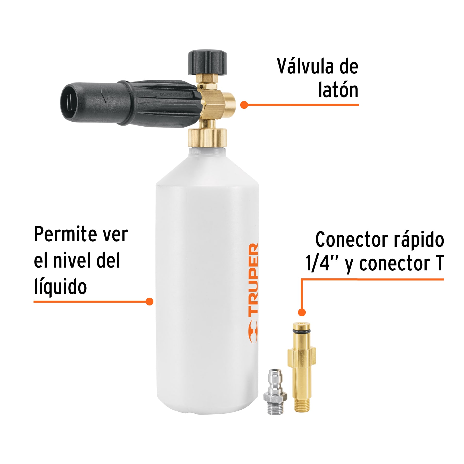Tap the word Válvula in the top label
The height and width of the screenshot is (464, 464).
click(305, 67)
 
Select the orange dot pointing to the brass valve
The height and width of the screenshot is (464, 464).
click(244, 105)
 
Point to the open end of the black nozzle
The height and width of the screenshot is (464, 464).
click(69, 102)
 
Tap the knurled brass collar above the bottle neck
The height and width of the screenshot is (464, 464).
click(207, 138)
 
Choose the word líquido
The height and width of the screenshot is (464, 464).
click(60, 287)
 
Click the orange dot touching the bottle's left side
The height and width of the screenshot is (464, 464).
click(149, 301)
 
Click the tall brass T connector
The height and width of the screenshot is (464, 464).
click(302, 366)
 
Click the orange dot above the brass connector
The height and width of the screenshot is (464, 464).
click(302, 312)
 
